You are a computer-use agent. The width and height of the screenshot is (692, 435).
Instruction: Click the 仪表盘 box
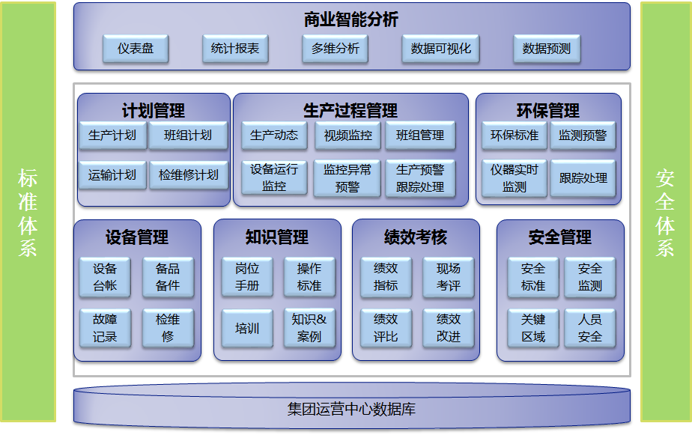pyautogui.click(x=136, y=49)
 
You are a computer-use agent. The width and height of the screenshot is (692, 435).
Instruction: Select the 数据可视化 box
pyautogui.click(x=441, y=49)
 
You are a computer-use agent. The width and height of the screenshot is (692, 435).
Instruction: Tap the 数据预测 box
pyautogui.click(x=547, y=49)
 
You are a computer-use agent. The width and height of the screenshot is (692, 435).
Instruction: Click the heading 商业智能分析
pyautogui.click(x=351, y=20)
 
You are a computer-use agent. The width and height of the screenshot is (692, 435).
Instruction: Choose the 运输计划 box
pyautogui.click(x=112, y=175)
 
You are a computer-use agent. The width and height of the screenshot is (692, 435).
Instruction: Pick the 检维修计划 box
pyautogui.click(x=189, y=175)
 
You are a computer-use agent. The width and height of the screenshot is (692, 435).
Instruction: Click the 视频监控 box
pyautogui.click(x=347, y=136)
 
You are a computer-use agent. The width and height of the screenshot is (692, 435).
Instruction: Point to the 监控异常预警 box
pyautogui.click(x=347, y=178)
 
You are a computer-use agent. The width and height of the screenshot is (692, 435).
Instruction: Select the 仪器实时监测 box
pyautogui.click(x=515, y=178)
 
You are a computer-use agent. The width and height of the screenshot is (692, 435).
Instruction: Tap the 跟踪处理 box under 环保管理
pyautogui.click(x=583, y=178)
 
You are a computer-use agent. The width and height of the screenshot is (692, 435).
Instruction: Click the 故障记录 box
pyautogui.click(x=105, y=328)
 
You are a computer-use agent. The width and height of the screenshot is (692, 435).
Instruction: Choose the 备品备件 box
pyautogui.click(x=168, y=276)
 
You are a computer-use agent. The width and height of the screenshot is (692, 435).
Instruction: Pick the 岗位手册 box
pyautogui.click(x=247, y=276)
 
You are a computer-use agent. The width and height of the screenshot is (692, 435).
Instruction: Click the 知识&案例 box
pyautogui.click(x=309, y=328)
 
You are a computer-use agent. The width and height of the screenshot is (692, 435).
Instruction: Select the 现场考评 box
pyautogui.click(x=449, y=276)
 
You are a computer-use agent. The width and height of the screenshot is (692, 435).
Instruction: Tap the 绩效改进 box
pyautogui.click(x=449, y=328)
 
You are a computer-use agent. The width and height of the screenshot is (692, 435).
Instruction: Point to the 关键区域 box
pyautogui.click(x=533, y=328)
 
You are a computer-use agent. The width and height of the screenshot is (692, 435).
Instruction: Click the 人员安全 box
pyautogui.click(x=590, y=328)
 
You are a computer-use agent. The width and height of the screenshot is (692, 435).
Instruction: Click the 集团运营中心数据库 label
pyautogui.click(x=351, y=410)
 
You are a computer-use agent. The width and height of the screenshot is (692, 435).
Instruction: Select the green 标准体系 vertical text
pyautogui.click(x=28, y=213)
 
